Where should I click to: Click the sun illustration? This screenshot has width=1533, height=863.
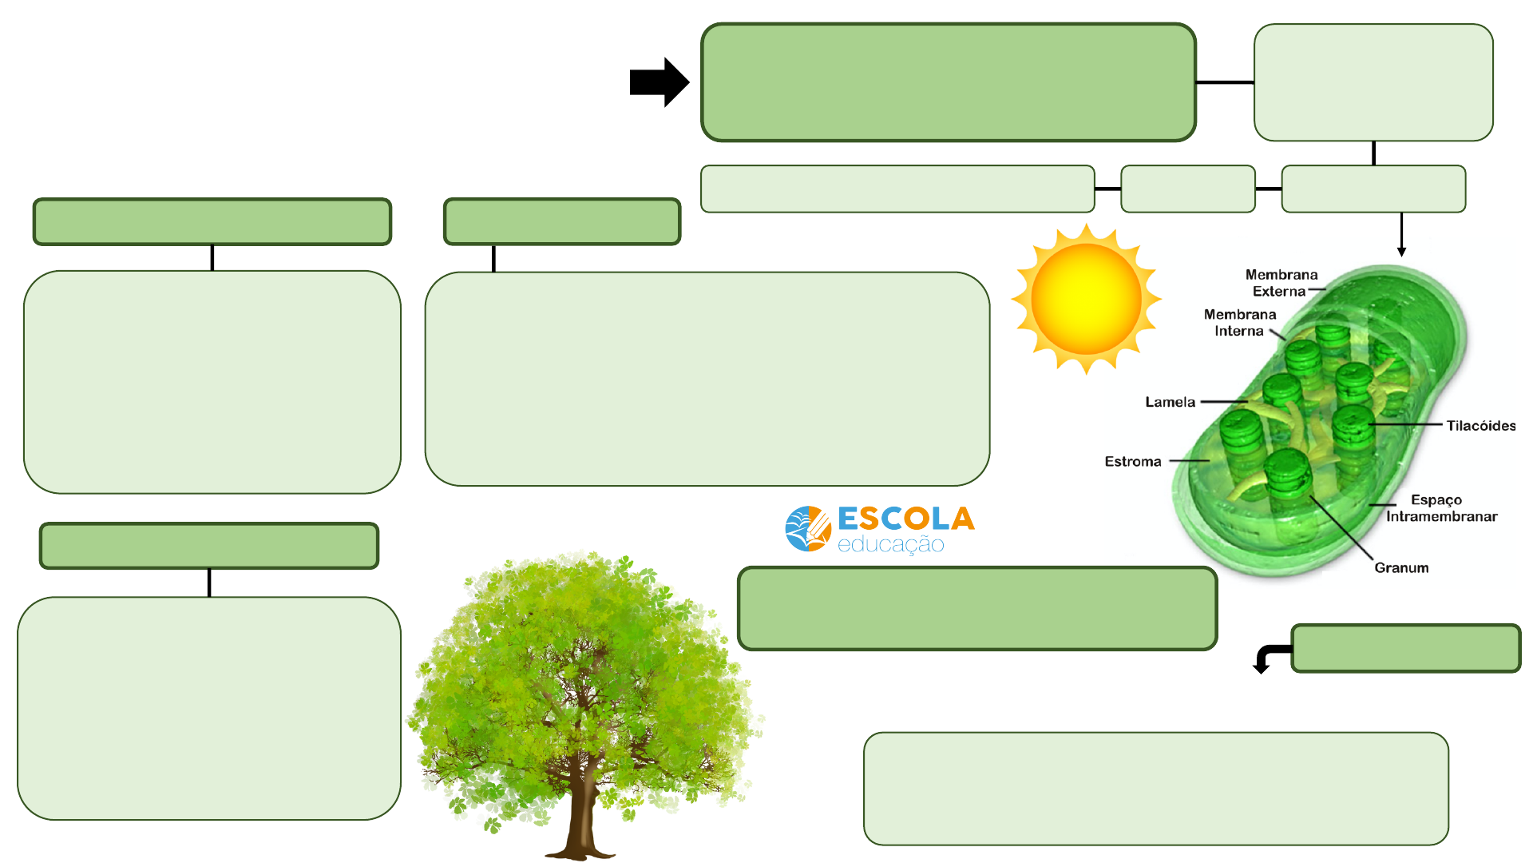tap(1086, 299)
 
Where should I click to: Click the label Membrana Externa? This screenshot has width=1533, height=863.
tap(1281, 283)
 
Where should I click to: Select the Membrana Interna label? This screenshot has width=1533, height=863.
tap(1239, 323)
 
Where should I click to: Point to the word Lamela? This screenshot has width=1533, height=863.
tap(1170, 402)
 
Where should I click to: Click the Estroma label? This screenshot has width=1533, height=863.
tap(1132, 462)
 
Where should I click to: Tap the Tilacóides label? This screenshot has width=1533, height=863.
tap(1480, 426)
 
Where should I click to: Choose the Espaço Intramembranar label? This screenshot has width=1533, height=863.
tap(1440, 508)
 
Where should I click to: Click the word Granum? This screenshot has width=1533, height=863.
tap(1401, 568)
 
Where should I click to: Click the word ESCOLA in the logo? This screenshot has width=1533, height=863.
tap(905, 519)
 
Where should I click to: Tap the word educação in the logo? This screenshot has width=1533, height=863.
tap(890, 545)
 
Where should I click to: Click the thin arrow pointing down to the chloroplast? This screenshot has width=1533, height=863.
tap(1401, 236)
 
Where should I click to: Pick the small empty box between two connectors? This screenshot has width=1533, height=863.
tap(1187, 189)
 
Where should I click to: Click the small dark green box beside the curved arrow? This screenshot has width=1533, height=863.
tap(1405, 648)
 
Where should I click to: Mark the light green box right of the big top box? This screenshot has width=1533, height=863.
tap(1373, 82)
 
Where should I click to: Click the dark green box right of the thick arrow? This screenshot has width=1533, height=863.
tap(948, 82)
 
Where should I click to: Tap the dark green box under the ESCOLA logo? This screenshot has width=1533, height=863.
tap(976, 608)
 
